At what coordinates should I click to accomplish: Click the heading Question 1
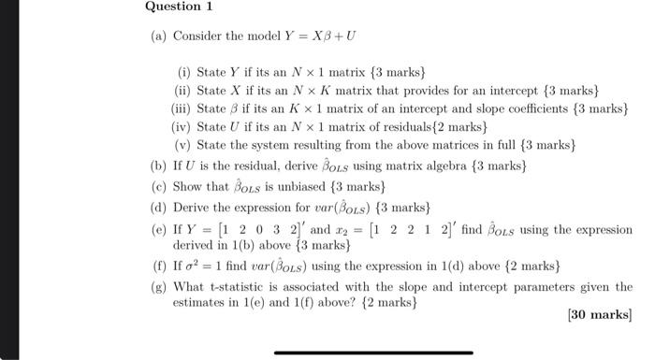pos(179,7)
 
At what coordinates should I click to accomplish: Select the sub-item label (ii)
pos(183,90)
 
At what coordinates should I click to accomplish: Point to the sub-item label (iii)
pos(182,108)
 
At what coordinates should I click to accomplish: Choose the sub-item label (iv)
pos(182,126)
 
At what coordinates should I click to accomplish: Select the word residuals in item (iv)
pos(421,126)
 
